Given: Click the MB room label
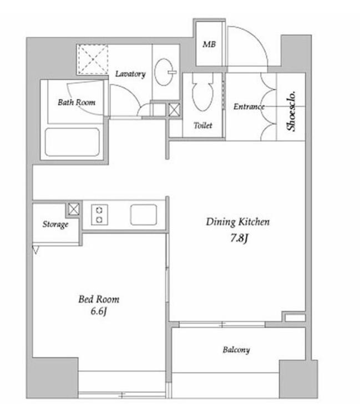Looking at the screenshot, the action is (x=209, y=44).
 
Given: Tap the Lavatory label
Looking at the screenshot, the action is (x=130, y=74).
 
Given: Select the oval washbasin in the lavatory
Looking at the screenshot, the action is (x=164, y=72).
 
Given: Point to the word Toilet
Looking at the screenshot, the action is (x=203, y=125).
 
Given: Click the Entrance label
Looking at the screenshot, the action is (x=249, y=107).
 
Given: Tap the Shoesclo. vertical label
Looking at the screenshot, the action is (x=291, y=111).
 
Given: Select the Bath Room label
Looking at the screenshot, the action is (x=77, y=102).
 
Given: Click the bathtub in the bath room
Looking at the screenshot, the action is (x=72, y=142).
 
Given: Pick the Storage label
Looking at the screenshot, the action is (x=55, y=224).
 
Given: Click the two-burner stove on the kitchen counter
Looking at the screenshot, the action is (x=99, y=215).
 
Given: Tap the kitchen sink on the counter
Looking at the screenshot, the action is (x=144, y=215).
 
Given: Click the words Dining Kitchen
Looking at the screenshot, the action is (x=238, y=222).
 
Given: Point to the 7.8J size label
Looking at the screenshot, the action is (x=239, y=238).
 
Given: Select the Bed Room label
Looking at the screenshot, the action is (x=99, y=299).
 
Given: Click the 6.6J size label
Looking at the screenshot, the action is (x=99, y=311).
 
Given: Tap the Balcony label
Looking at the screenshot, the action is (x=236, y=350).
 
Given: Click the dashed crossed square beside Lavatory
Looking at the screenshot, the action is (x=93, y=59).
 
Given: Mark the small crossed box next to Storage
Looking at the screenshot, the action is (x=74, y=209).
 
